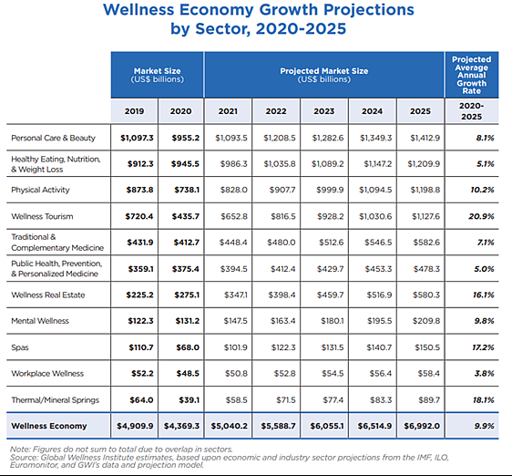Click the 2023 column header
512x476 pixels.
(x=324, y=111)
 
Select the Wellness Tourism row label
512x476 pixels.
(x=42, y=216)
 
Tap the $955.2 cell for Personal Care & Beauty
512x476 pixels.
(x=186, y=138)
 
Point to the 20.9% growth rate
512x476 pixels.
(x=481, y=216)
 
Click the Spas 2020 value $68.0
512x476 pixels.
(x=188, y=347)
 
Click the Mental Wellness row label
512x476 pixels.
(x=40, y=321)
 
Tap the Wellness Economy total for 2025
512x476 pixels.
(x=422, y=426)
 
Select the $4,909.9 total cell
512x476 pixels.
(x=135, y=426)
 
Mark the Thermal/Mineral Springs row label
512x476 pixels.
(x=56, y=400)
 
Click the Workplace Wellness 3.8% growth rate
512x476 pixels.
(x=485, y=373)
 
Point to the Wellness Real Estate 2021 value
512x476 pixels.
(x=236, y=295)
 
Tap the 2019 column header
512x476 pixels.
(x=134, y=111)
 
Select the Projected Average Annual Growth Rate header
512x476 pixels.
(x=472, y=75)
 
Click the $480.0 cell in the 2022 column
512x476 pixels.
(x=282, y=243)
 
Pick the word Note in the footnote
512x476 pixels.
(x=20, y=450)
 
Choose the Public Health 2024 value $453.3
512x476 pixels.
(x=378, y=269)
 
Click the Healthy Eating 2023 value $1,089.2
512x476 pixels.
(x=327, y=164)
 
